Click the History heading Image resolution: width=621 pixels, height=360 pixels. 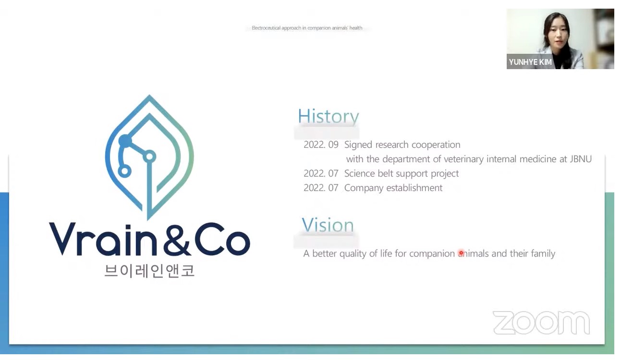[x=328, y=116]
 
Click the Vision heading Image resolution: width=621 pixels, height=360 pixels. [x=328, y=225]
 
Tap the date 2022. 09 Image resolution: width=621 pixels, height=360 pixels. [x=321, y=144]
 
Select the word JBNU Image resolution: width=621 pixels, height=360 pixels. [x=581, y=159]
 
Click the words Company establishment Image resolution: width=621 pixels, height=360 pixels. [x=393, y=188]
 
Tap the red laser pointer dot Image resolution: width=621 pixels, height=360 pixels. [x=461, y=253]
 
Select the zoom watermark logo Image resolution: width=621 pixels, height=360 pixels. [x=541, y=323]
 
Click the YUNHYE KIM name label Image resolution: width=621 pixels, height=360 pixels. [x=530, y=62]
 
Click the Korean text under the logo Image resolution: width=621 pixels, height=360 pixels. [x=149, y=271]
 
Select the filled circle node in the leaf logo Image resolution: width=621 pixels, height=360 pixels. [x=125, y=141]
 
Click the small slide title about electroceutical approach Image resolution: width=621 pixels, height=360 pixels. [x=307, y=28]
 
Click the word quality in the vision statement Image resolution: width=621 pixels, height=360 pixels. [x=353, y=254]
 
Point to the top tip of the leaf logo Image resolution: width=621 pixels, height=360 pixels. [x=149, y=95]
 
